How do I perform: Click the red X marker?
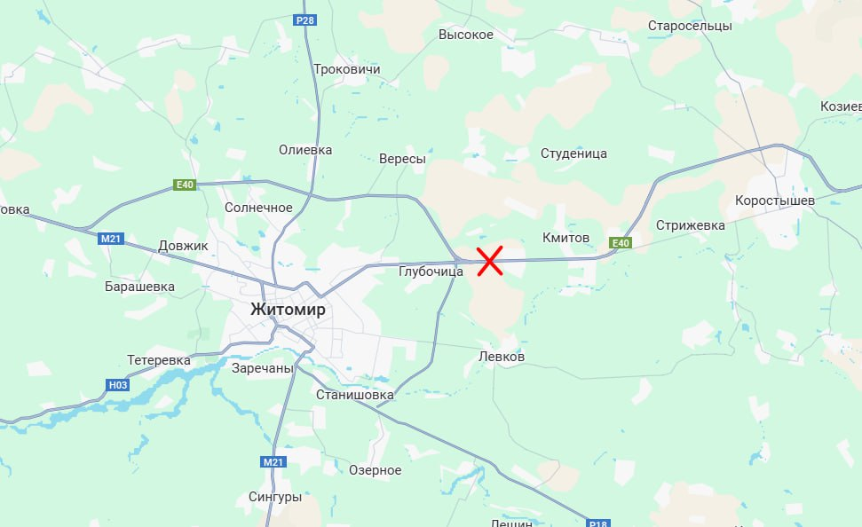491,260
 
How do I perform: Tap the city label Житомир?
288,310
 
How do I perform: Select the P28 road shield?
305,20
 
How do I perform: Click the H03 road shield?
117,384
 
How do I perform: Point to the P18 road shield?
601,523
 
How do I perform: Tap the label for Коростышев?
775,201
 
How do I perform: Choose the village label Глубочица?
431,271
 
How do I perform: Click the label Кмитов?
565,238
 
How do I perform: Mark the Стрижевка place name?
691,225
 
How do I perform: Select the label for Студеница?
573,153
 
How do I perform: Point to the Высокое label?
466,35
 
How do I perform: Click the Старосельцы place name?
690,26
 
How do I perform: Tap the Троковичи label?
346,69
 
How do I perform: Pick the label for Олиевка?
305,150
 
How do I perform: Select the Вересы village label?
402,159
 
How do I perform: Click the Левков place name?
502,357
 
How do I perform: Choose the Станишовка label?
354,394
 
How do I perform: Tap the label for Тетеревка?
159,360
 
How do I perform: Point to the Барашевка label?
139,287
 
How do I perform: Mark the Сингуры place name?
275,497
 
